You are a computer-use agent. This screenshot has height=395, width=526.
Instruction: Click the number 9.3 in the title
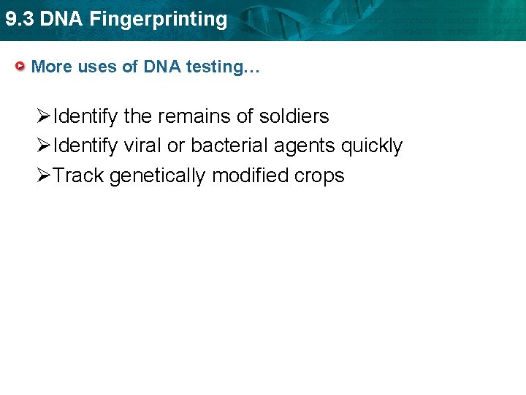(x=19, y=19)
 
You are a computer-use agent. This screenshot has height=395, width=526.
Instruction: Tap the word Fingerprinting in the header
(x=159, y=20)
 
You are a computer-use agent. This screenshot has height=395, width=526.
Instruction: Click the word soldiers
(x=294, y=116)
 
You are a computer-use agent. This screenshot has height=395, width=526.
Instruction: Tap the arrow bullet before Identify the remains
(x=45, y=116)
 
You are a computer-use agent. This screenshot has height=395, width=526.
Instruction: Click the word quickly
(x=372, y=147)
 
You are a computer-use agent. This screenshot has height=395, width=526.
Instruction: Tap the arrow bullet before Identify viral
(x=45, y=146)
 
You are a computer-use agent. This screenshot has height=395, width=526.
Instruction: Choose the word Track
(x=79, y=176)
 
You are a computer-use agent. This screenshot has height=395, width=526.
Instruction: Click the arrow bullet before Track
(x=45, y=176)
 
